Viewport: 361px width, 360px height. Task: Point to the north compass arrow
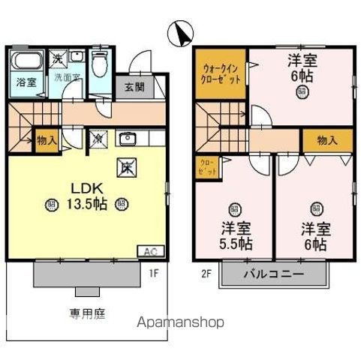pos(179,34)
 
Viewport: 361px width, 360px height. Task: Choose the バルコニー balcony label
pos(273,274)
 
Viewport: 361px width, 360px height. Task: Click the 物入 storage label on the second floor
pos(326,140)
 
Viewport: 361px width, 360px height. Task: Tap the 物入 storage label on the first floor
pos(47,140)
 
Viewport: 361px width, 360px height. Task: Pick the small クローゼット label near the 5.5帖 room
pos(208,168)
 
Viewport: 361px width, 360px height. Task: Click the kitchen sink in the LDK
pos(125,138)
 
